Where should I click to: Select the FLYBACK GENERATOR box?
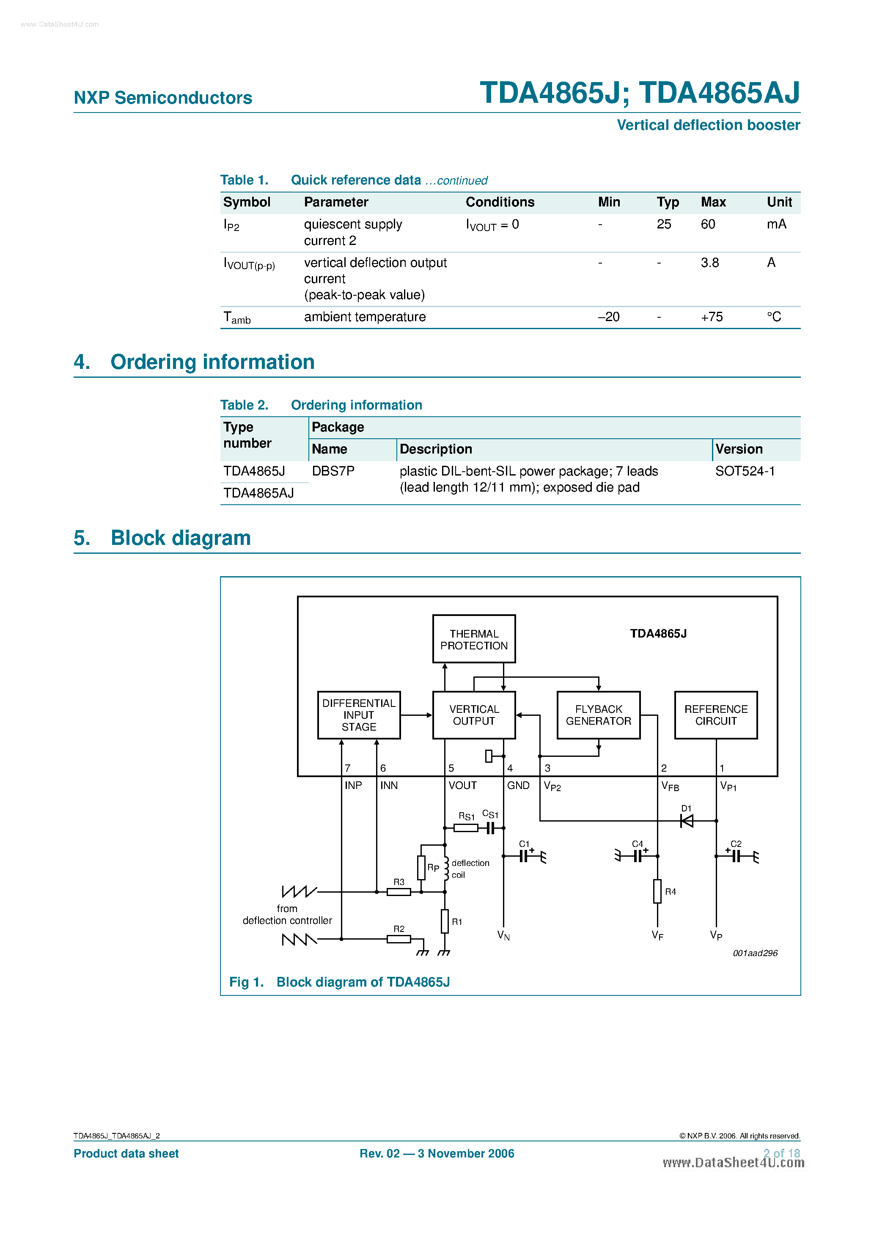coord(598,715)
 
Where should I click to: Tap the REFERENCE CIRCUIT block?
coord(716,715)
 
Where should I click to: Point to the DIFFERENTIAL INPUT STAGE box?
coord(359,715)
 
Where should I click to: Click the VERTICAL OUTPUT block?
coord(474,715)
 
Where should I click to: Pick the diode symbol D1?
coord(687,821)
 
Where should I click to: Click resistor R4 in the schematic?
coord(657,891)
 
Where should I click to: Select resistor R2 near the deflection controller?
coord(399,939)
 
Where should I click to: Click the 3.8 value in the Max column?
coord(710,263)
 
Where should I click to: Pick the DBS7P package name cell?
coord(333,471)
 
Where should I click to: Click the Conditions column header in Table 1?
coord(500,203)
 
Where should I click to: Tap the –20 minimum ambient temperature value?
coord(608,317)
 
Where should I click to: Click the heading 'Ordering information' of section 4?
coord(212,362)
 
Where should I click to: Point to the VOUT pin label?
coord(462,786)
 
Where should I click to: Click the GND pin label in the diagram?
coord(518,786)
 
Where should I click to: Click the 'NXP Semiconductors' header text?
coord(163,98)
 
